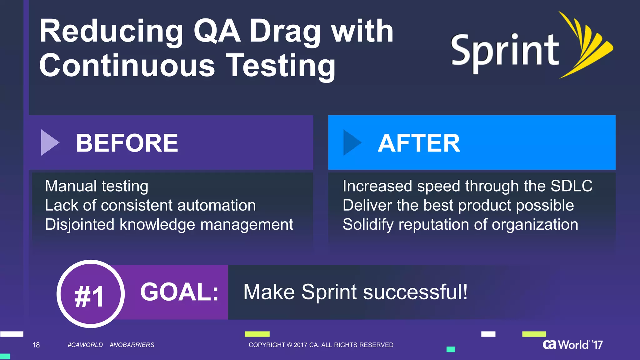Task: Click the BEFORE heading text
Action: point(127,143)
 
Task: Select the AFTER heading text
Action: point(419,143)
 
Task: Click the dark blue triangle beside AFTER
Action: point(351,142)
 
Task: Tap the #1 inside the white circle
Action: point(89,296)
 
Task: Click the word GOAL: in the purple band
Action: point(179,292)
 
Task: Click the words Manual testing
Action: point(97,186)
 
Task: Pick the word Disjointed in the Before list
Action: point(80,225)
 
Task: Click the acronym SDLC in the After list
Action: point(571,186)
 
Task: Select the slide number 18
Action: point(36,345)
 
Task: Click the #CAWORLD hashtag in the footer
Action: point(85,345)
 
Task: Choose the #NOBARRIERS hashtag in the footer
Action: point(132,345)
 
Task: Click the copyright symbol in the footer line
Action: point(289,345)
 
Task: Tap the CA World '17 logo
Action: point(572,344)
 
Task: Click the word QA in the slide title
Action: point(217,31)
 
